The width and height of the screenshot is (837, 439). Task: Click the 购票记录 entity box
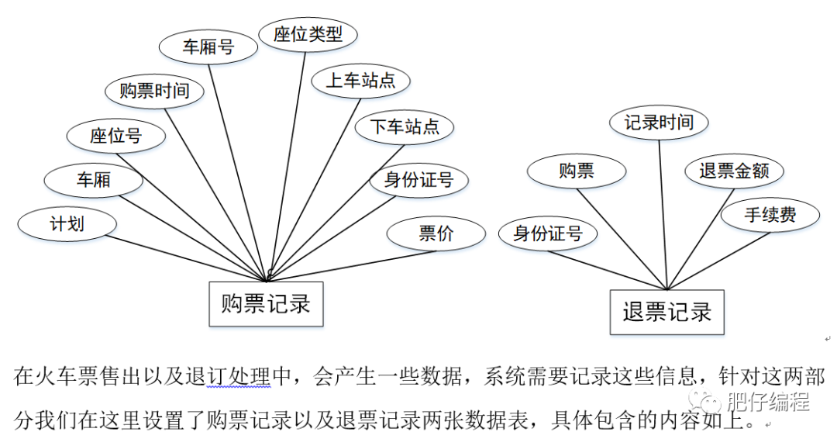tap(266, 303)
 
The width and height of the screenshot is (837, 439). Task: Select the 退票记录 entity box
tap(666, 312)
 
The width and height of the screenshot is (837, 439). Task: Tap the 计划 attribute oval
tap(67, 225)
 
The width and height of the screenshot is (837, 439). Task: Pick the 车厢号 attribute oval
tap(208, 47)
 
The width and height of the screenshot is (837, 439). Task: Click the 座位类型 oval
tap(308, 35)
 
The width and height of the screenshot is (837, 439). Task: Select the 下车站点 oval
tap(404, 126)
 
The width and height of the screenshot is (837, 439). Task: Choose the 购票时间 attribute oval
tap(154, 91)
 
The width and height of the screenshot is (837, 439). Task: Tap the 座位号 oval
tap(115, 136)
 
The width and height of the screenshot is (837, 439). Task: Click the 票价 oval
tap(436, 233)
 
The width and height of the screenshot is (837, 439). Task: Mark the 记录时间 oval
tap(659, 123)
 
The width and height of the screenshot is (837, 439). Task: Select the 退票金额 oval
tap(734, 171)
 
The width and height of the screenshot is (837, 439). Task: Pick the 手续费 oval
tap(770, 215)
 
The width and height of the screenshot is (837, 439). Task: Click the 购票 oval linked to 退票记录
tap(576, 171)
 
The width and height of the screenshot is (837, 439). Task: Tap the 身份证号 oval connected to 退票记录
tap(547, 233)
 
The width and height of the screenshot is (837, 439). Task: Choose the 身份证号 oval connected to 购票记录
tap(418, 181)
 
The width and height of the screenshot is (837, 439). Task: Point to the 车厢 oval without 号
tap(93, 180)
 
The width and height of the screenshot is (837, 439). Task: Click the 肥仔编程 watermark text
tap(768, 402)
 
